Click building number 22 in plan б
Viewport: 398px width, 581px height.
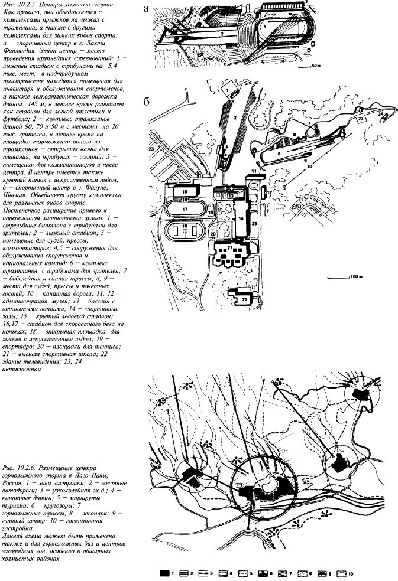pos(245,299)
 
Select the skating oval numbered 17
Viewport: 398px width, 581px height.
pos(185,208)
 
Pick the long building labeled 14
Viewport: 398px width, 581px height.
pos(241,217)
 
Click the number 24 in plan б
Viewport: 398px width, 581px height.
pos(381,113)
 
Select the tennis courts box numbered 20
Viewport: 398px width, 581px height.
pos(212,233)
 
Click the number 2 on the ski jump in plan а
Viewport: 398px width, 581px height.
pos(219,34)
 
